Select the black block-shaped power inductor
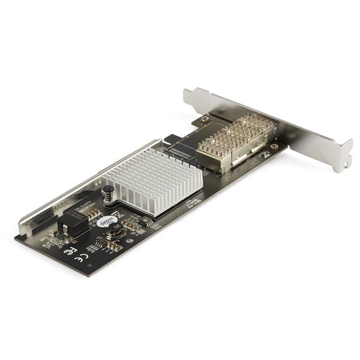pos(67,226)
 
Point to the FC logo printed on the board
pos(70,250)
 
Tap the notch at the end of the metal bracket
pos(347,160)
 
